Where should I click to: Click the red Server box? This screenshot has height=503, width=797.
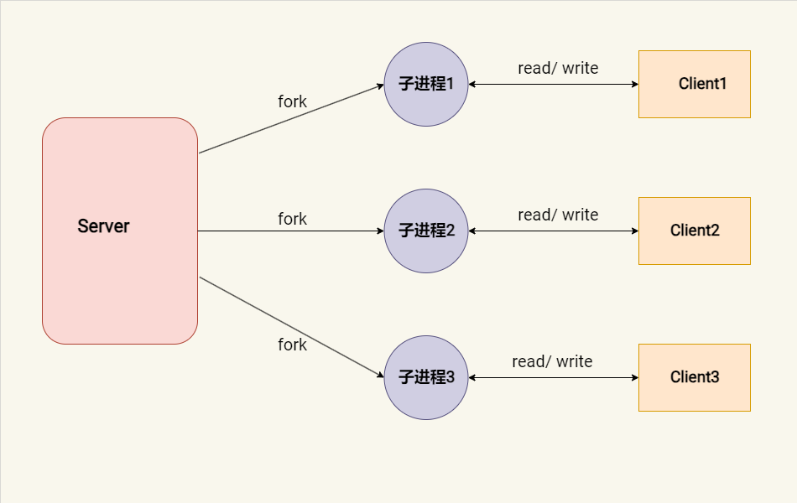point(120,277)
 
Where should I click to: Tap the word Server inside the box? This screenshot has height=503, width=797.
point(103,226)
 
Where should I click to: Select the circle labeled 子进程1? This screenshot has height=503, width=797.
point(426,84)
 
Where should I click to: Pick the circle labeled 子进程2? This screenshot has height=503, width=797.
point(426,231)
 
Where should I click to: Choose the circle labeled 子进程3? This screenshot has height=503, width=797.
point(426,377)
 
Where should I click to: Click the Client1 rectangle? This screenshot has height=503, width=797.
point(695,84)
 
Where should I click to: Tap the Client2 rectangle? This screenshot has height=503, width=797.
point(695,231)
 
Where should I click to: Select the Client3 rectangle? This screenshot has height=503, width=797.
point(695,377)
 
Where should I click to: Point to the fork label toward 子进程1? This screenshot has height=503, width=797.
point(293,101)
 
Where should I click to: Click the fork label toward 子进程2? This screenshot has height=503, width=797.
point(293,219)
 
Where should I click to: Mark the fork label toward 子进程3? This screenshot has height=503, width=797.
point(293,345)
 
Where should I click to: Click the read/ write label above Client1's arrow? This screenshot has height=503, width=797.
point(558,68)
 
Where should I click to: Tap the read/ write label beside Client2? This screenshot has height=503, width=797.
point(558,215)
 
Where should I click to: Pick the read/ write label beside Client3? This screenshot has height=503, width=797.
point(552,361)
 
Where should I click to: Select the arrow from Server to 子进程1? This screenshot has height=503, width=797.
point(291,118)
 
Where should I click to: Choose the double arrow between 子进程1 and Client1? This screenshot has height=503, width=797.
point(554,84)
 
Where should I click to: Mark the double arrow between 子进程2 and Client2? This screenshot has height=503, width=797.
point(554,231)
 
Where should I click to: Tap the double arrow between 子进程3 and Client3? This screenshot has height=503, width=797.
point(554,377)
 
